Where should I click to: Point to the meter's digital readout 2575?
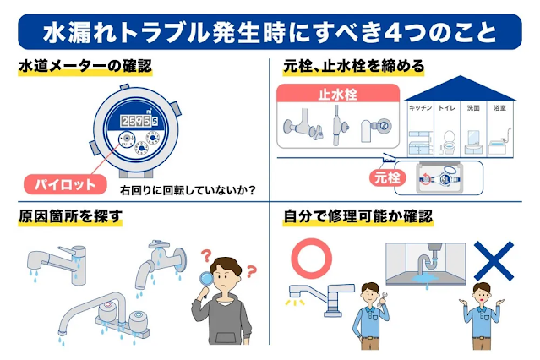click(140, 122)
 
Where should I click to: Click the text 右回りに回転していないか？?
click(188, 188)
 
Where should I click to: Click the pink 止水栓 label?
click(337, 95)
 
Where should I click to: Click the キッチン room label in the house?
click(420, 109)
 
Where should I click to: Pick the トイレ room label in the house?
click(447, 109)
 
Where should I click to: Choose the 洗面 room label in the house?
click(473, 109)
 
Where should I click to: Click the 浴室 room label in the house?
click(499, 109)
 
